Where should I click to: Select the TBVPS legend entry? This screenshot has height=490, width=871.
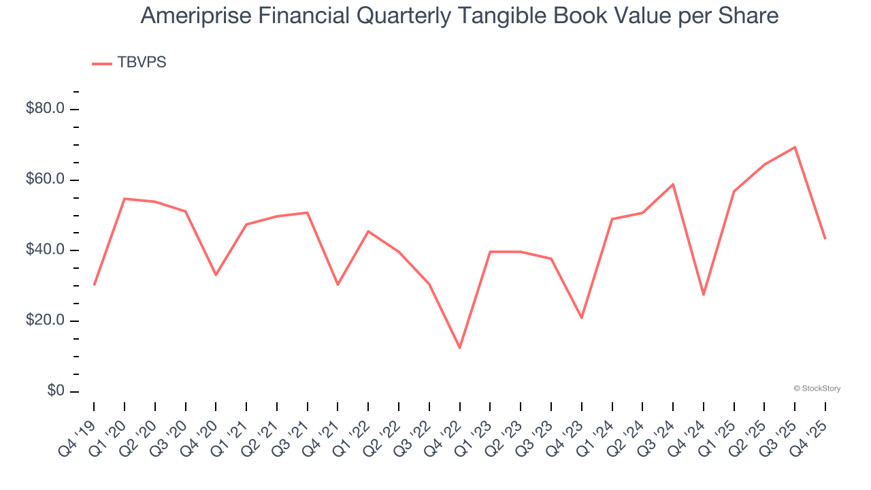click(142, 63)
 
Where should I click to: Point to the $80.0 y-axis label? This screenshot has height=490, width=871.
click(45, 109)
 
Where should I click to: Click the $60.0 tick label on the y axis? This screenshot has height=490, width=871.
click(45, 180)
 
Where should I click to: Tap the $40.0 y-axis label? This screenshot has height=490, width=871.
click(45, 250)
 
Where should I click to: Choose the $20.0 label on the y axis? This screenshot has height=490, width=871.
click(45, 321)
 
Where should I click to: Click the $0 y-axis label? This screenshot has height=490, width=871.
click(56, 391)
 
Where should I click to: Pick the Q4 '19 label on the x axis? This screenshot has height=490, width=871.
click(80, 427)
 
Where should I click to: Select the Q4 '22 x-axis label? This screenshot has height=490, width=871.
click(446, 427)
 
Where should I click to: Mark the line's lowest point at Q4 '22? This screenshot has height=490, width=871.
click(460, 348)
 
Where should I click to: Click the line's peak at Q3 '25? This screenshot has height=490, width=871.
click(795, 147)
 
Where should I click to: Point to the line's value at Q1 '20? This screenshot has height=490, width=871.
click(125, 199)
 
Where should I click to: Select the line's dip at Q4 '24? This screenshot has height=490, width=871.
click(704, 295)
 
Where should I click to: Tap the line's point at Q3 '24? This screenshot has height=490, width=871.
click(673, 184)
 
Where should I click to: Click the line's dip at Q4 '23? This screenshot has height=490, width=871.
click(582, 318)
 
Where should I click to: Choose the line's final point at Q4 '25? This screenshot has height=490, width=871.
click(825, 238)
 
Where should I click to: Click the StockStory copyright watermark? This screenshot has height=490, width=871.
click(817, 389)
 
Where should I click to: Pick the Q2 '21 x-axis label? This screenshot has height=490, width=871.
click(263, 427)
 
